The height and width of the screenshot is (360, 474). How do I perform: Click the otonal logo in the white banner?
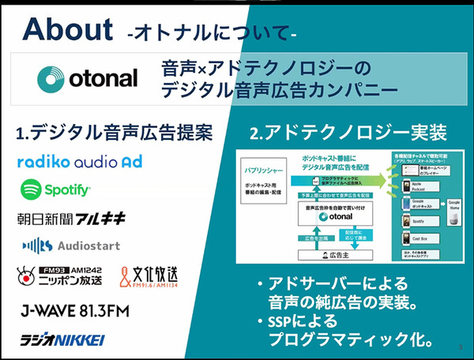tap(88, 77)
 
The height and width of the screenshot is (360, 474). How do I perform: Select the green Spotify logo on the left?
tap(56, 189)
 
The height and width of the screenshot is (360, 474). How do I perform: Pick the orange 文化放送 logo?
tap(158, 276)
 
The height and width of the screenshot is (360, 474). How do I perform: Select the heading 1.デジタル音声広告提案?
tap(114, 132)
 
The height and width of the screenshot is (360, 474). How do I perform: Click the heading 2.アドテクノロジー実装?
tap(348, 132)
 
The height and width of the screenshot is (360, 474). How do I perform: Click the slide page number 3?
tap(459, 345)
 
